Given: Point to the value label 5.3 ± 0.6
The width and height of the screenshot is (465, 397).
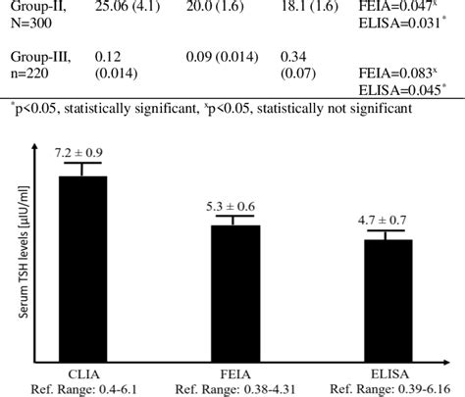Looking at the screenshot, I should click(x=229, y=206).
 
